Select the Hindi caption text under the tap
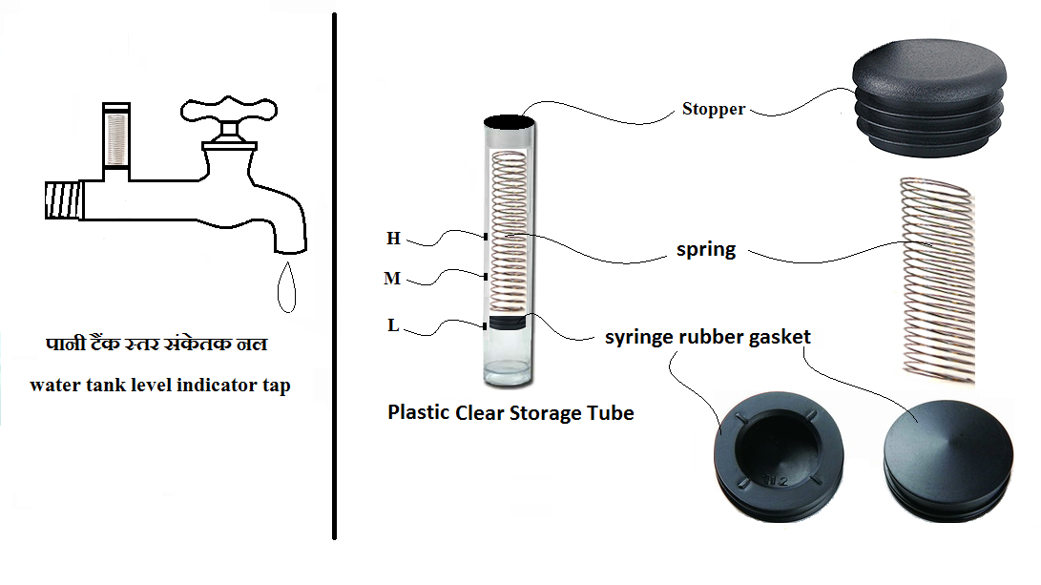click(157, 343)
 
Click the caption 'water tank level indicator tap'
click(159, 386)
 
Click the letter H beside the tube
click(393, 239)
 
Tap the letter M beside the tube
click(391, 279)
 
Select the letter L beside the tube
click(393, 325)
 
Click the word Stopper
click(713, 109)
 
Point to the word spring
click(706, 250)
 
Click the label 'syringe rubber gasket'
click(707, 337)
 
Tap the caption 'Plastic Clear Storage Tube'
click(510, 413)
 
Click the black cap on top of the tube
click(509, 121)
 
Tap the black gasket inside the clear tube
click(508, 323)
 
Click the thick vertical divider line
click(336, 277)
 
